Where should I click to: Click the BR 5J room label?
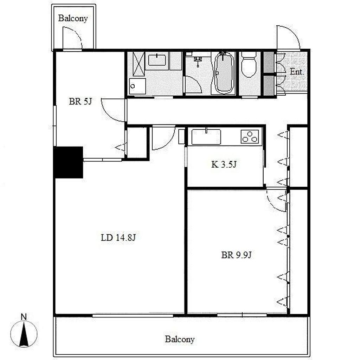tap(81, 102)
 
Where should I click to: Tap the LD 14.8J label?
tap(118, 237)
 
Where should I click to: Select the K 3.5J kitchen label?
tap(224, 165)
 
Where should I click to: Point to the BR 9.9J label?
tap(236, 255)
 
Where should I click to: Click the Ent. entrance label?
tap(296, 72)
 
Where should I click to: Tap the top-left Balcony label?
tap(73, 18)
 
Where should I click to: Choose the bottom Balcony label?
tap(180, 339)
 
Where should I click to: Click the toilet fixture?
tap(249, 65)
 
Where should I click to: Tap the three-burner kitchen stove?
tap(250, 137)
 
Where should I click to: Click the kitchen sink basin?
tap(206, 137)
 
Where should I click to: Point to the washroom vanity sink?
tap(157, 60)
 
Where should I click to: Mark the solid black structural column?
tap(68, 162)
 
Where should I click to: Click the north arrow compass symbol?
tap(24, 334)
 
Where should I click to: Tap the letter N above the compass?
tap(24, 317)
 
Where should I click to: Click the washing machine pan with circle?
tap(137, 86)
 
